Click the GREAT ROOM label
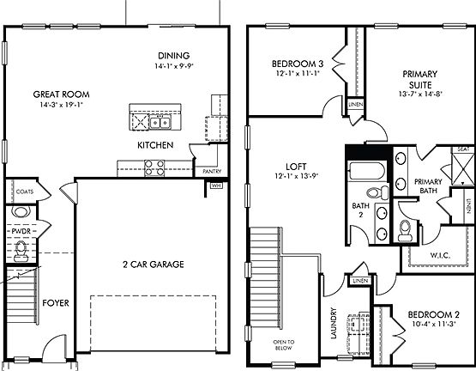click(62, 94)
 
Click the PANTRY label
click(212, 171)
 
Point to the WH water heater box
click(216, 185)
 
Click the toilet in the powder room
click(21, 249)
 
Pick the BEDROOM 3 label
click(297, 64)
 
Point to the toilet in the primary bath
click(406, 229)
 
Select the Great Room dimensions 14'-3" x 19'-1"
click(62, 105)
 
